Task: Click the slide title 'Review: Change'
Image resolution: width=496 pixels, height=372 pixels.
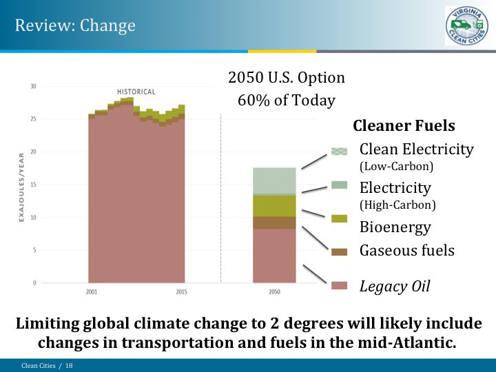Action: click(75, 25)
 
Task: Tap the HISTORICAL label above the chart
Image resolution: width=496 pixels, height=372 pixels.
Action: click(136, 92)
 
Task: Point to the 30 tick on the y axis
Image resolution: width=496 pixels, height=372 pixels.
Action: click(33, 86)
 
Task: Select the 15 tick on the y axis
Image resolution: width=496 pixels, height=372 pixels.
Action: click(33, 185)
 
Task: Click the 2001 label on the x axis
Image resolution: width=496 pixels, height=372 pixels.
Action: click(92, 291)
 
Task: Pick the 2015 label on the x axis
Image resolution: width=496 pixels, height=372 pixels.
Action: click(181, 291)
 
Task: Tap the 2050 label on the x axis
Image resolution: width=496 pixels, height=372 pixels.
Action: click(274, 291)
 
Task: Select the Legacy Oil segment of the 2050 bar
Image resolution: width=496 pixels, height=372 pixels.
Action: click(274, 256)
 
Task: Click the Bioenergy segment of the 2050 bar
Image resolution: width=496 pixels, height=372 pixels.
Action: click(274, 205)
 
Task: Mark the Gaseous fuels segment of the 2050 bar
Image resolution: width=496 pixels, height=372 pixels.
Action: click(274, 223)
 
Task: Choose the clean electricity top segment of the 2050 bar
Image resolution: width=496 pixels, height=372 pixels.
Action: click(274, 180)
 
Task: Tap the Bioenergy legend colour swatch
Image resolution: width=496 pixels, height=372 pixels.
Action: click(339, 218)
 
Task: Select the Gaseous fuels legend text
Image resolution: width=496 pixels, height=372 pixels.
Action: click(406, 250)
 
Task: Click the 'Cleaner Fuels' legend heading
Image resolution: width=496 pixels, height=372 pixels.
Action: click(404, 126)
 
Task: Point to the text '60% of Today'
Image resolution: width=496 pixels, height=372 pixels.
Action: click(286, 101)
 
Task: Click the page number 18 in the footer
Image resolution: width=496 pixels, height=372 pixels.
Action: click(69, 365)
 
